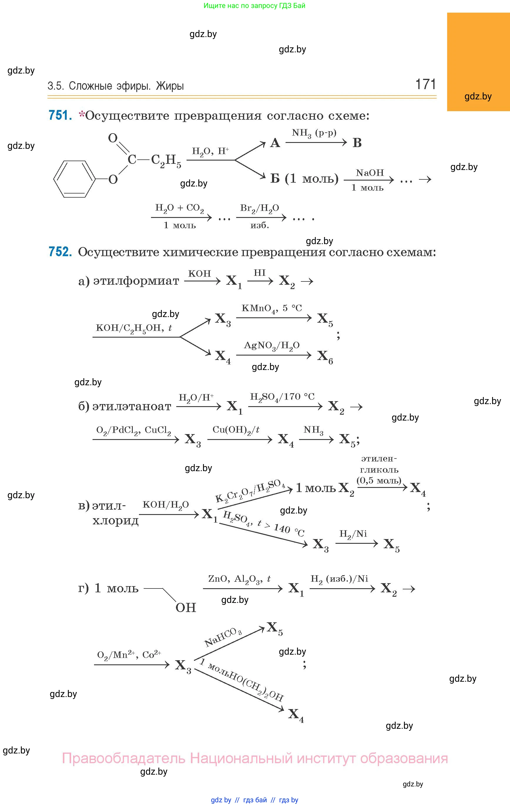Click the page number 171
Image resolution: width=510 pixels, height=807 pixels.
pyautogui.click(x=425, y=84)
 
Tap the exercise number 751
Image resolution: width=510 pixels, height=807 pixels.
pyautogui.click(x=60, y=115)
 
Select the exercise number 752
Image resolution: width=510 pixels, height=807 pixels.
pyautogui.click(x=60, y=251)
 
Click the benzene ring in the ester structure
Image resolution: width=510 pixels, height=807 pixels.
pyautogui.click(x=74, y=179)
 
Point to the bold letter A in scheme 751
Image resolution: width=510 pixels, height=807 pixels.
pyautogui.click(x=275, y=143)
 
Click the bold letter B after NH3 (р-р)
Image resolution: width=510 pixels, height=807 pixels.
pyautogui.click(x=357, y=143)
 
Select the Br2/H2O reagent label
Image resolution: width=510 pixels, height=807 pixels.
pyautogui.click(x=259, y=208)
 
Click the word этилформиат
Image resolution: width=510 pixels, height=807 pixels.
pyautogui.click(x=136, y=281)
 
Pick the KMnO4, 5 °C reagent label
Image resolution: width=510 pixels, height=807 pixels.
pyautogui.click(x=271, y=308)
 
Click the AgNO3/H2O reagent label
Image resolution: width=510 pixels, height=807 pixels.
pyautogui.click(x=271, y=346)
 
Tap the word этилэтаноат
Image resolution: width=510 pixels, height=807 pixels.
pyautogui.click(x=132, y=406)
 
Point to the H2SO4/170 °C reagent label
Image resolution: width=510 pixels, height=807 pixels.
pyautogui.click(x=282, y=397)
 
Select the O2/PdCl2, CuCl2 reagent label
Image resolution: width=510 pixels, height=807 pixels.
pyautogui.click(x=133, y=430)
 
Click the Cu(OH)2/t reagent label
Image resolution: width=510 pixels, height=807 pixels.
pyautogui.click(x=236, y=430)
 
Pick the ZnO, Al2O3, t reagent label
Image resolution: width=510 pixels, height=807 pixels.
pyautogui.click(x=239, y=579)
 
